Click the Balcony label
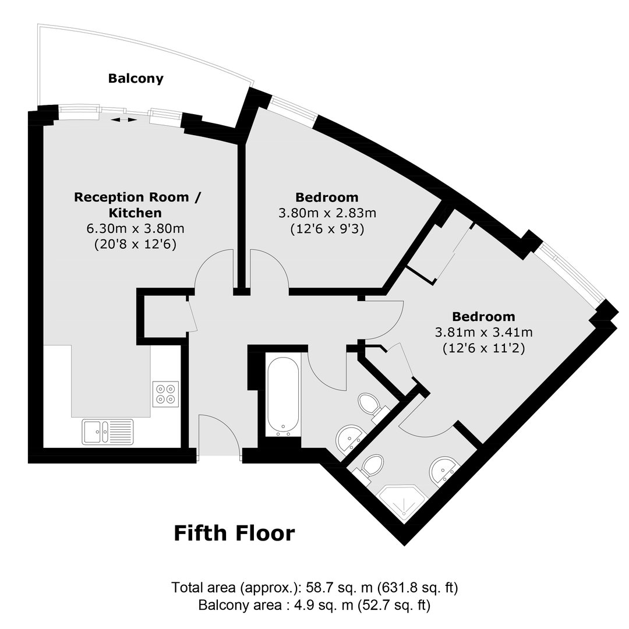pos(136,78)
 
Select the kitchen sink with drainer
pos(108,432)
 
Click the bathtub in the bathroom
pos(283,395)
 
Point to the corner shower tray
pos(402,503)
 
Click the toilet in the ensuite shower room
pos(370,467)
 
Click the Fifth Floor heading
pos(234,533)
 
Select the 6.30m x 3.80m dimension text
pos(136,228)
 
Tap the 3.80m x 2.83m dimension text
pos(327,213)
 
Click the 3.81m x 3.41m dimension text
pos(484,332)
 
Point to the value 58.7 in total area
pos(319,588)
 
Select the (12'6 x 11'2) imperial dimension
pos(484,348)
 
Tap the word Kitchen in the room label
pos(136,213)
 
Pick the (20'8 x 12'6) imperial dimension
pos(136,244)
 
